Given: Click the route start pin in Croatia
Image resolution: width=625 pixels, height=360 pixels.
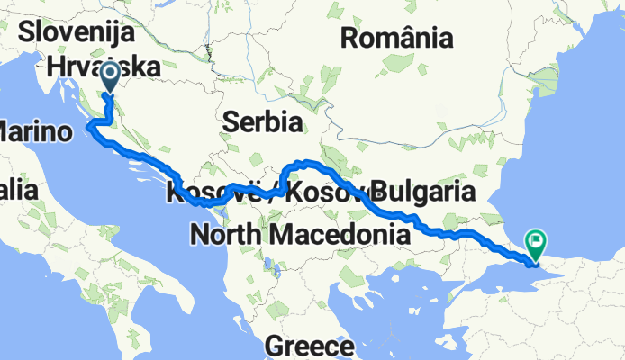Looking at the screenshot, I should click(x=111, y=78).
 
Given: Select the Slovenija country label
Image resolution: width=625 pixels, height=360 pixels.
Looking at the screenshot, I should click(x=77, y=34).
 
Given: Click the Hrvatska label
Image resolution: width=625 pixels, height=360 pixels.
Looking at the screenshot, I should click(x=104, y=67).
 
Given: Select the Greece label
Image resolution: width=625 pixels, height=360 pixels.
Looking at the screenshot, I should click(x=308, y=346).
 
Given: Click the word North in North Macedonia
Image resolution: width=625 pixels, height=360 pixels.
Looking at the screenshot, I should click(x=225, y=235).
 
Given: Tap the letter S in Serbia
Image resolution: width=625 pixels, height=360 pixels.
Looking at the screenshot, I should click(x=232, y=121).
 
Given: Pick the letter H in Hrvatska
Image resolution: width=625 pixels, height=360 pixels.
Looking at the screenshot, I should click(x=55, y=67).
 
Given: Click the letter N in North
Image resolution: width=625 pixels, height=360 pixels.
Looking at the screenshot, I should click(x=198, y=235).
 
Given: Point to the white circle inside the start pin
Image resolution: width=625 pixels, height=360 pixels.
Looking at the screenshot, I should click(x=111, y=73).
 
